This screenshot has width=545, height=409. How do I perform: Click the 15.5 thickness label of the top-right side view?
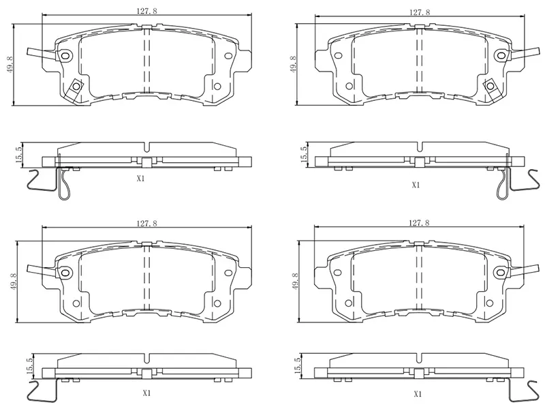click(303, 153)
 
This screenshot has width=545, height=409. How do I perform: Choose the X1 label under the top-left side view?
click(141, 179)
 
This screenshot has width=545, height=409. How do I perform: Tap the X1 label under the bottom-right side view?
click(417, 393)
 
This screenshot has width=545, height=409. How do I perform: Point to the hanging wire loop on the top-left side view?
click(63, 185)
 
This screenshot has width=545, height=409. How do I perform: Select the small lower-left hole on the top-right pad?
click(349, 86)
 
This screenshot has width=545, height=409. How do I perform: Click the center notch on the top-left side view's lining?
click(146, 147)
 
